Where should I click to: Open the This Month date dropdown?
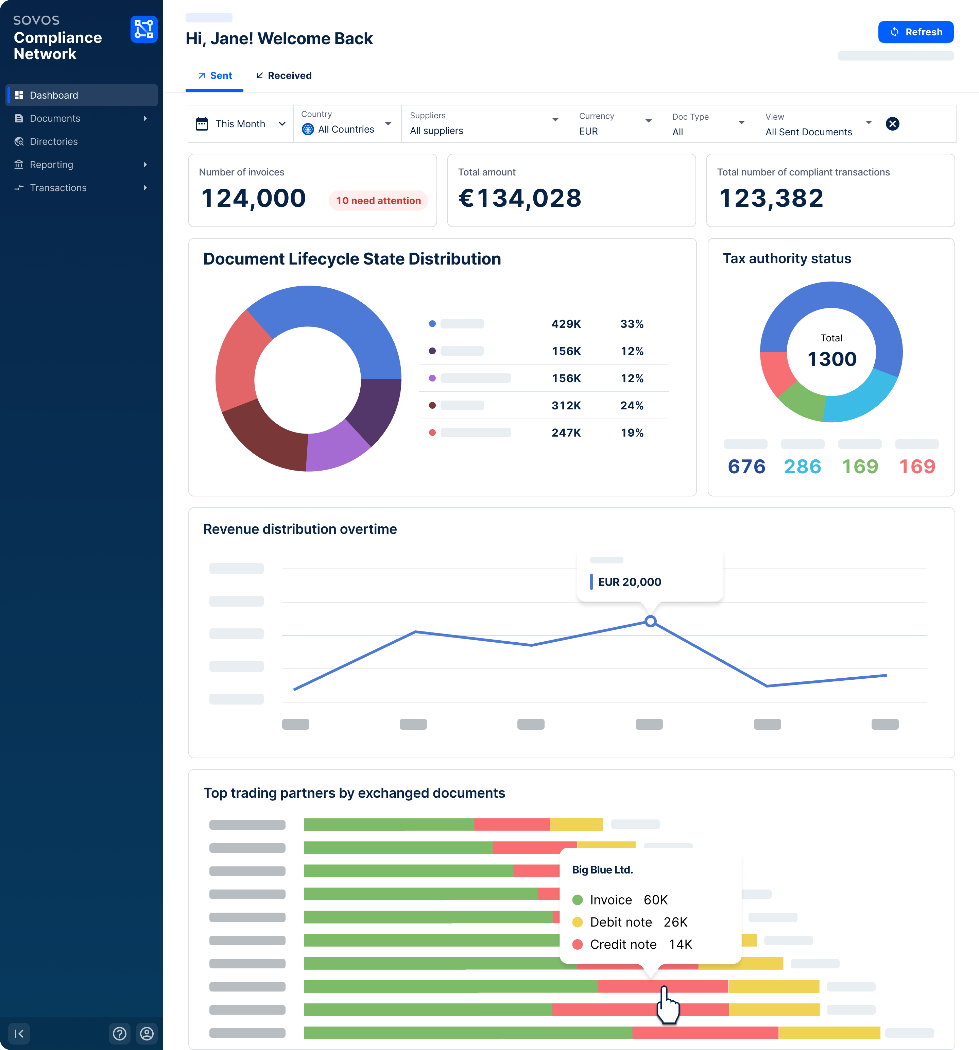point(241,123)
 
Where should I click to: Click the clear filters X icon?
point(892,123)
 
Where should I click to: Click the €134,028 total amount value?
point(520,198)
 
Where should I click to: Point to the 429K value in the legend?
point(566,324)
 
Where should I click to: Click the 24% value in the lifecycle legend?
point(632,406)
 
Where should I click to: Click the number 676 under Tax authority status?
point(746,467)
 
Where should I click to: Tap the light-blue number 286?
point(803,467)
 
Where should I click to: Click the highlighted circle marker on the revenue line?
point(651,621)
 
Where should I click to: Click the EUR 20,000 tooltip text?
point(630,582)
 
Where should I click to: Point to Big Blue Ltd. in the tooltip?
point(602,870)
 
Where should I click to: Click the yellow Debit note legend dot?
point(578,922)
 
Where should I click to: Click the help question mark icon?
point(120,1034)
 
